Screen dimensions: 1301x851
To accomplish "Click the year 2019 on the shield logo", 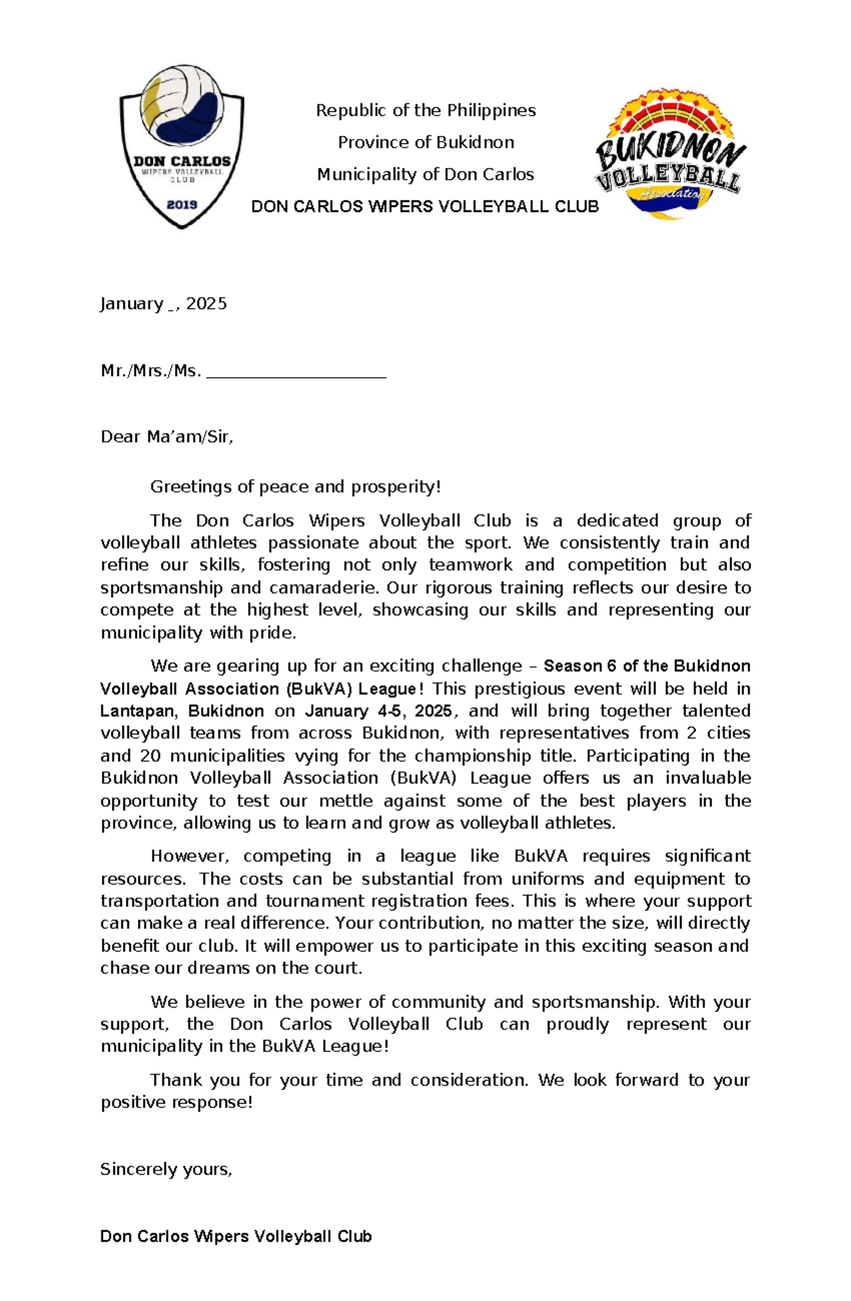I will pyautogui.click(x=182, y=205).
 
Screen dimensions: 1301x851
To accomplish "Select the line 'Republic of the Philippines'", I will pyautogui.click(x=425, y=111).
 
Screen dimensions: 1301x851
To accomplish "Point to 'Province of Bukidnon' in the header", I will pyautogui.click(x=425, y=143).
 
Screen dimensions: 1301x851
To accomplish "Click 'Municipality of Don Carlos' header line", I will pyautogui.click(x=425, y=174).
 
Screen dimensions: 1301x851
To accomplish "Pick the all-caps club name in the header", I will pyautogui.click(x=425, y=207).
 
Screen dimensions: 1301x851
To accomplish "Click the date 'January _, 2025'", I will pyautogui.click(x=163, y=304).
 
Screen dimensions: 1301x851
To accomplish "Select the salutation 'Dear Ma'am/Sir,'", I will pyautogui.click(x=167, y=437).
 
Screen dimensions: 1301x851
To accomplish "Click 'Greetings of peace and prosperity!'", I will pyautogui.click(x=295, y=487).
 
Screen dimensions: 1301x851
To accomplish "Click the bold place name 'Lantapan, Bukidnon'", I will pyautogui.click(x=182, y=711).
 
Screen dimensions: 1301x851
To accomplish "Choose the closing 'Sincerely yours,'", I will pyautogui.click(x=166, y=1169).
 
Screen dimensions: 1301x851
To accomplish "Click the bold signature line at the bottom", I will pyautogui.click(x=235, y=1236).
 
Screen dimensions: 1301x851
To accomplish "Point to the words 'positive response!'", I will pyautogui.click(x=176, y=1102).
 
